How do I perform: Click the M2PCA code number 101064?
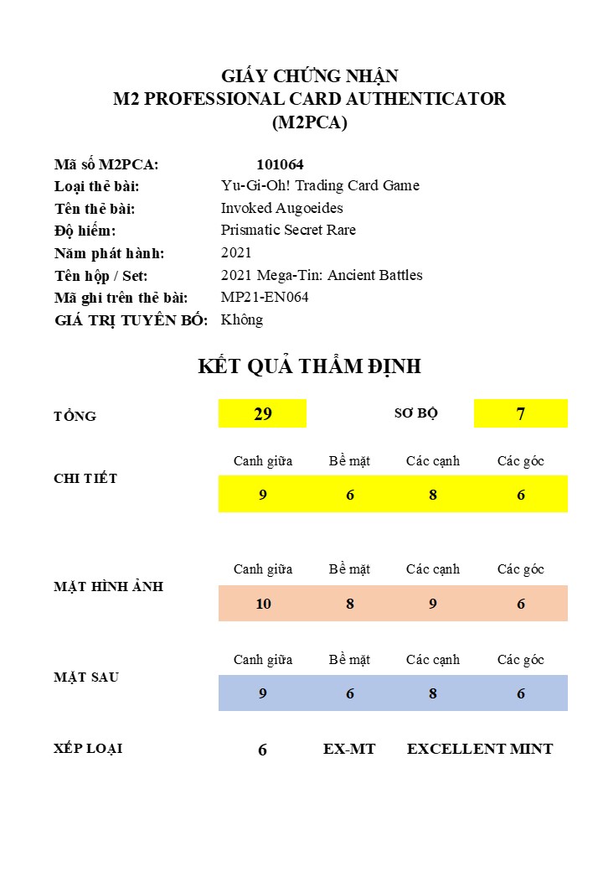tap(280, 164)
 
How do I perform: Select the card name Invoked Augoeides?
tap(281, 208)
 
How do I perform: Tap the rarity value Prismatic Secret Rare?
tap(288, 230)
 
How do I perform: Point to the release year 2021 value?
tap(236, 252)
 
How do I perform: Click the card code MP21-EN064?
tap(265, 297)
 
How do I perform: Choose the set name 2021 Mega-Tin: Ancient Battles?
tap(322, 275)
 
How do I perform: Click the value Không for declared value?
tap(242, 319)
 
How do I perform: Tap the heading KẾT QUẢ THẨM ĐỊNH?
tap(309, 366)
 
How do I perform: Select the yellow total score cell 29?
tap(262, 413)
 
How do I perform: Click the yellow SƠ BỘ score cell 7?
tap(520, 413)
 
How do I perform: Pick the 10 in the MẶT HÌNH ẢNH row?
tap(263, 604)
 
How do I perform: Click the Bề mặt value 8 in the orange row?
tap(349, 604)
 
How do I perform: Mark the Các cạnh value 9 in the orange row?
tap(433, 604)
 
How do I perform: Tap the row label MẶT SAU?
tap(86, 677)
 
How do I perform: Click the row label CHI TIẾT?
tap(85, 479)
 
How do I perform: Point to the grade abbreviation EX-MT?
tap(349, 749)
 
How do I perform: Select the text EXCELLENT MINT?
tap(480, 749)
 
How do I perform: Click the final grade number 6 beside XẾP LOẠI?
tap(262, 750)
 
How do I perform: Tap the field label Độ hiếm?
tap(85, 231)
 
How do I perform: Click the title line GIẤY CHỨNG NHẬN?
tap(309, 76)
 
